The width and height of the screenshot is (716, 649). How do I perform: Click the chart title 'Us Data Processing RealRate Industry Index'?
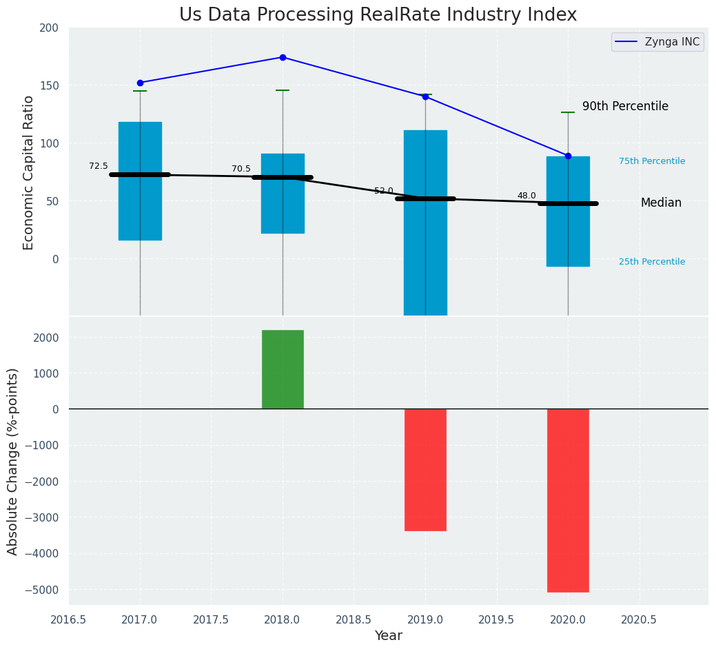[378, 15]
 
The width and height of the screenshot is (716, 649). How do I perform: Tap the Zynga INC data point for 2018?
[283, 57]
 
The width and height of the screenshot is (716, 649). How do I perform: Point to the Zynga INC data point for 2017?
[140, 83]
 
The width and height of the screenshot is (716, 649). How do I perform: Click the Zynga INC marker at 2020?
[568, 156]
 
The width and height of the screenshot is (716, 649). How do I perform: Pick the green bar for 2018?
[283, 369]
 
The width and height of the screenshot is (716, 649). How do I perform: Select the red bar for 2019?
[425, 469]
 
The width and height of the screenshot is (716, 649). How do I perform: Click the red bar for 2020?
[568, 500]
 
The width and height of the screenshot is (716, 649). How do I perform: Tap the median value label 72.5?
[99, 166]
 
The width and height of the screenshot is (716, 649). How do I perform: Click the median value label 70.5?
[241, 169]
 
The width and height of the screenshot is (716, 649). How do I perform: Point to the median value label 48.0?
[526, 196]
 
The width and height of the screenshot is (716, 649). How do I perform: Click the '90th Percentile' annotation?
[625, 106]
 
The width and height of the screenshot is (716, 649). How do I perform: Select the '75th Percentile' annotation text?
[652, 161]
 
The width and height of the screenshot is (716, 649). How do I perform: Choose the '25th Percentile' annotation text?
[652, 262]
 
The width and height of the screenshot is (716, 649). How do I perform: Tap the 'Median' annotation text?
[661, 203]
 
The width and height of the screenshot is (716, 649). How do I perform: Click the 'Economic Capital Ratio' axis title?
[29, 172]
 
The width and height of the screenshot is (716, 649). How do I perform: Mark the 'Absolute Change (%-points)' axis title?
[13, 461]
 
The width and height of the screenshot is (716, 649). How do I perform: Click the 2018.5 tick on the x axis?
[354, 619]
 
